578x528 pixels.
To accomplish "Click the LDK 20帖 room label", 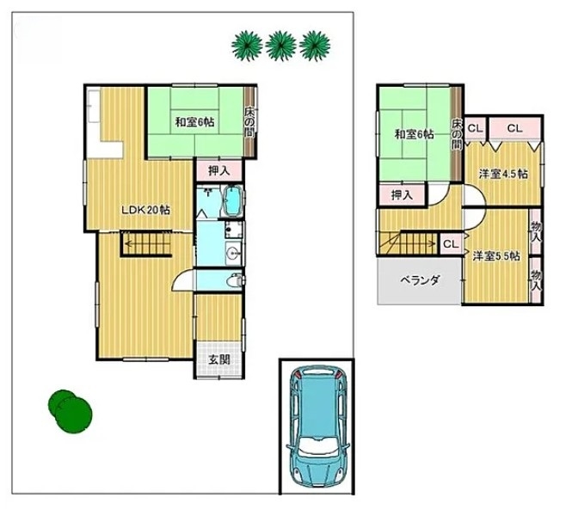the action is [146, 211].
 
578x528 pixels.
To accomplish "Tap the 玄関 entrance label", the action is [219, 359].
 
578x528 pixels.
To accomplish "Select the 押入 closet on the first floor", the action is [219, 170].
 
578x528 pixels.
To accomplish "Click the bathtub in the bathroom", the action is [232, 201].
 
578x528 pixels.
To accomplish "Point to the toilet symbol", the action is [234, 281].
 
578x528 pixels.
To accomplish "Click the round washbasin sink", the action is [233, 253].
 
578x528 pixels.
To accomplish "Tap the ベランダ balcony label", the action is [420, 280].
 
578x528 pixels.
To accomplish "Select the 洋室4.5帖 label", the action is [503, 174].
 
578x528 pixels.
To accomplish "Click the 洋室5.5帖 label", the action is [496, 255].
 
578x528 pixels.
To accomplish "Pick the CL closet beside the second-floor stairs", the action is [451, 244].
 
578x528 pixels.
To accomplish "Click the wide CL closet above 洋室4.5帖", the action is [514, 128].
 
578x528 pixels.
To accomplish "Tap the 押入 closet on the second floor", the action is [402, 195].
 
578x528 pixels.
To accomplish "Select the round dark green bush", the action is [70, 411].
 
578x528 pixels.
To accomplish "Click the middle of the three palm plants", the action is [281, 46].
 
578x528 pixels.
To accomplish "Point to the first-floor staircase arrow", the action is [148, 243].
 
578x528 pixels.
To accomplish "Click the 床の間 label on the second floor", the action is [457, 134].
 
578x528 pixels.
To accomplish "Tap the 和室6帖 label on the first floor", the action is [194, 122].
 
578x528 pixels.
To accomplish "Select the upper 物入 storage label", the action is [536, 232].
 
